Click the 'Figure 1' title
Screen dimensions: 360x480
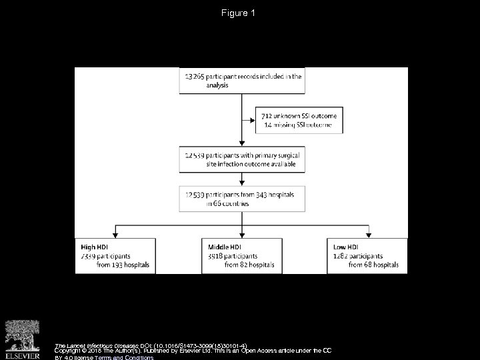[x=239, y=13]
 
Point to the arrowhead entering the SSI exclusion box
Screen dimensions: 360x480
[x=254, y=120]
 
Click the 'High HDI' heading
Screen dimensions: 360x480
[x=93, y=247]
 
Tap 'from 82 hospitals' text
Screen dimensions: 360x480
[x=254, y=265]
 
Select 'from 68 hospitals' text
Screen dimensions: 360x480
[x=373, y=265]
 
